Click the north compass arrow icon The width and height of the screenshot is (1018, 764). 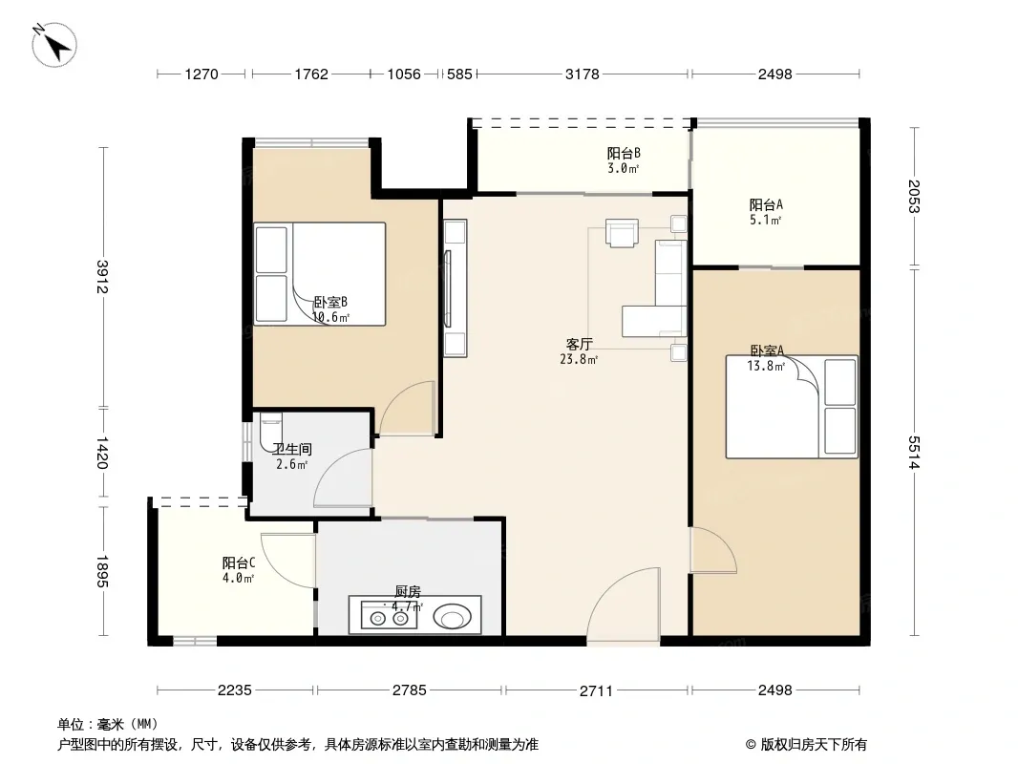click(x=54, y=45)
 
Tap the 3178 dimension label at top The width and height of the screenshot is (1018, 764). click(x=583, y=74)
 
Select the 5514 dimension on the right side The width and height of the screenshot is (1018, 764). click(x=914, y=453)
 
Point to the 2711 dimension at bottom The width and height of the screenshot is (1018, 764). click(x=596, y=690)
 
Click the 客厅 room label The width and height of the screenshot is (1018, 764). click(x=579, y=344)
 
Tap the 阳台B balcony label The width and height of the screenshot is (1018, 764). click(x=624, y=153)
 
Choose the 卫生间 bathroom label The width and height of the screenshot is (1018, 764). click(x=292, y=449)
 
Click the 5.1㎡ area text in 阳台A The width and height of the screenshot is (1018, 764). click(x=766, y=220)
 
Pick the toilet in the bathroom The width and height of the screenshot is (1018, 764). click(x=269, y=431)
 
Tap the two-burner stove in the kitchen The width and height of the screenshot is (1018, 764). click(x=389, y=618)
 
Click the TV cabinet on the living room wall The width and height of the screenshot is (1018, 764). click(x=456, y=288)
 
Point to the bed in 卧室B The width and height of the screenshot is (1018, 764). click(x=319, y=274)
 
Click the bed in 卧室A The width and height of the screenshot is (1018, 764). click(x=792, y=407)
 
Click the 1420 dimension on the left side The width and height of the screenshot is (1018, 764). click(x=102, y=453)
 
